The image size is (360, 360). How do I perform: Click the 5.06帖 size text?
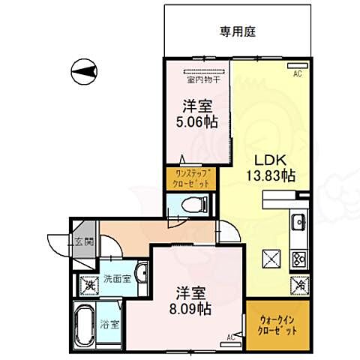pos(196,121)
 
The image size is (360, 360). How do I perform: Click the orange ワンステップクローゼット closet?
pos(191,178)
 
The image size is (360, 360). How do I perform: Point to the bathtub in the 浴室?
pos(85,324)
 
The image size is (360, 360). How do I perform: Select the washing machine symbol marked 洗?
pos(89,285)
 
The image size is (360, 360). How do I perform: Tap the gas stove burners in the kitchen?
pos(298,259)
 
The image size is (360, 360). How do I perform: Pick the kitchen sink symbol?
pos(298,223)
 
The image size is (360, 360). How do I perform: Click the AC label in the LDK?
pos(297,73)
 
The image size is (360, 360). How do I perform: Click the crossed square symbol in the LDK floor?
pos(271,259)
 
